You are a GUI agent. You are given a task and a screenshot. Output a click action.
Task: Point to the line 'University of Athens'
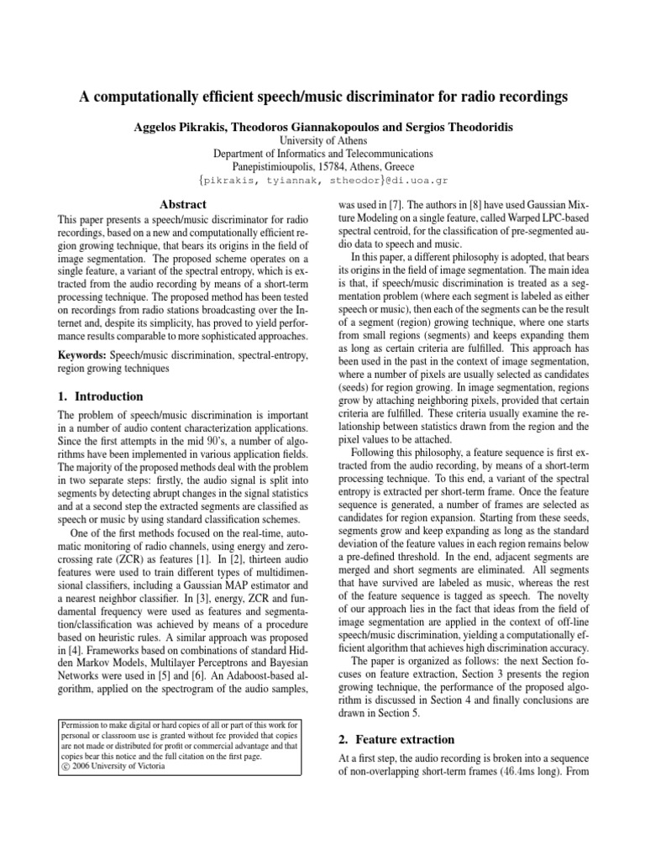tap(322, 140)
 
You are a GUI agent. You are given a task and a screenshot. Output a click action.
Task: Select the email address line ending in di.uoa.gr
tap(322, 181)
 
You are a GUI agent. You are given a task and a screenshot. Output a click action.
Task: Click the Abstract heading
tap(183, 204)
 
